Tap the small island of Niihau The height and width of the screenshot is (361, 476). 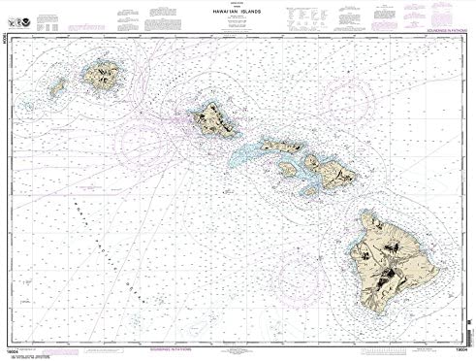[x=56, y=88]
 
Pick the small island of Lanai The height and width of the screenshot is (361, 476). [x=286, y=168]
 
